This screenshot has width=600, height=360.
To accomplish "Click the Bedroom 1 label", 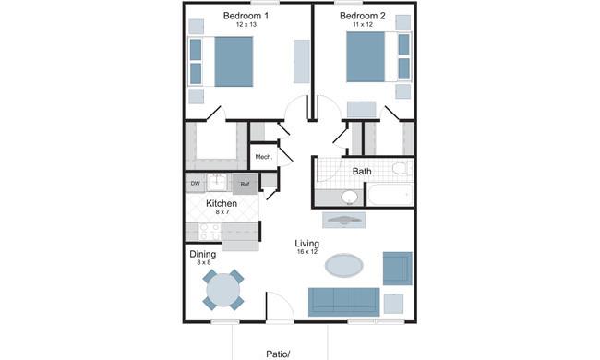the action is pyautogui.click(x=246, y=16).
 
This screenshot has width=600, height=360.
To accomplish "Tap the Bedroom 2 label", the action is pyautogui.click(x=363, y=16).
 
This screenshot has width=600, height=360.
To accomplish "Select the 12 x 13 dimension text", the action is pyautogui.click(x=246, y=25).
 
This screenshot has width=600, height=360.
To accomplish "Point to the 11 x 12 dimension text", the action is pyautogui.click(x=363, y=25).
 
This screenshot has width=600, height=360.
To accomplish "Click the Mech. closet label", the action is pyautogui.click(x=264, y=157).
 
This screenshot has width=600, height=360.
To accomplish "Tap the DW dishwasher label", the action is pyautogui.click(x=195, y=184).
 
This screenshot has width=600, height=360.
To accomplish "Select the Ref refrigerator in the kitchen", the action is pyautogui.click(x=245, y=184).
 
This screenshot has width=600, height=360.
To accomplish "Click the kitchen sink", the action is pyautogui.click(x=217, y=182).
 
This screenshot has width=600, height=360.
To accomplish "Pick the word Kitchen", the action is pyautogui.click(x=222, y=203).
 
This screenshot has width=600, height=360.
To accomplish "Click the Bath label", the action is pyautogui.click(x=362, y=171).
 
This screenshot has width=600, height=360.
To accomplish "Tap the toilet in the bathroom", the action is pyautogui.click(x=402, y=168).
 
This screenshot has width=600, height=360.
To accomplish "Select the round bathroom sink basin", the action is pyautogui.click(x=349, y=197).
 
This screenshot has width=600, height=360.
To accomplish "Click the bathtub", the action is pyautogui.click(x=390, y=195).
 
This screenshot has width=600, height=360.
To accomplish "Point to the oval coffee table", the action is pyautogui.click(x=344, y=265).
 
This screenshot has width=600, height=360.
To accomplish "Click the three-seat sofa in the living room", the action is pyautogui.click(x=344, y=302).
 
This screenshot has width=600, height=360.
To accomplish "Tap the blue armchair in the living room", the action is pyautogui.click(x=398, y=269).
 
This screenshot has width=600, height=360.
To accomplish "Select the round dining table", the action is pyautogui.click(x=223, y=290).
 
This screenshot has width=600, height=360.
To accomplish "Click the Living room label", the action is pyautogui.click(x=306, y=244).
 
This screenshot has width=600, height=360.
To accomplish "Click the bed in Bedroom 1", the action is pyautogui.click(x=221, y=62).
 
